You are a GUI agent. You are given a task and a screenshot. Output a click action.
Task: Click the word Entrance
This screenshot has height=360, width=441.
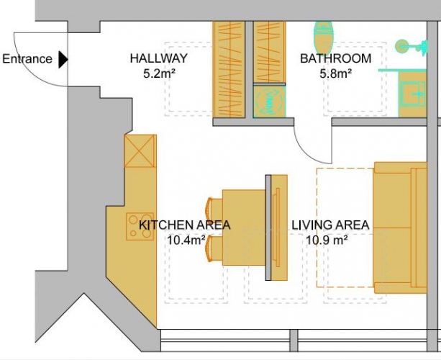coord(27,59)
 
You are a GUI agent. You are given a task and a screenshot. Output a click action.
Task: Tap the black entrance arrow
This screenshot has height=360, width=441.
coord(63,59)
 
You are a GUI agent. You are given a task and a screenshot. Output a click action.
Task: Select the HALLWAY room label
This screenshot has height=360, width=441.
coord(158,58)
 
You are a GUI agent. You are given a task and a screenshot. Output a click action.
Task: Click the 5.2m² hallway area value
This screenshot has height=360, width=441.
coord(159,73)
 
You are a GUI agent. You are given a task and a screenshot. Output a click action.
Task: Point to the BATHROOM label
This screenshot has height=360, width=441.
coord(336,58)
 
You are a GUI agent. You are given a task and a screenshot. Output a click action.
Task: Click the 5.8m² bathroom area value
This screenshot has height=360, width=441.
coord(335,73)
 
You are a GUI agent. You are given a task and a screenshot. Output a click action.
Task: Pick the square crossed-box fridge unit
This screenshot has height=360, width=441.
coord(140,151)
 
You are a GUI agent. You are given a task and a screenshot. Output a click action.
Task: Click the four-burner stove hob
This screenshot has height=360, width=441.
coord(140,227)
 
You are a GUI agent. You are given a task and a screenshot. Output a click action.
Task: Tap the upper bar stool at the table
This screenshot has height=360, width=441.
coord(214,209)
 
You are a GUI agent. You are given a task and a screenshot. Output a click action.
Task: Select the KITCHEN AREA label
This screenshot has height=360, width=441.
coord(185,225)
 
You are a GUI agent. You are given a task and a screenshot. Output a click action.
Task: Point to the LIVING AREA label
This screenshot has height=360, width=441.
coord(330,225)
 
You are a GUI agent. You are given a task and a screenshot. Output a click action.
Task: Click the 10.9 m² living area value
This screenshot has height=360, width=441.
coord(327,240)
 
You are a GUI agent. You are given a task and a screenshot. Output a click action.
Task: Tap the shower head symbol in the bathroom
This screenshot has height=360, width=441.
coord(412,47)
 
